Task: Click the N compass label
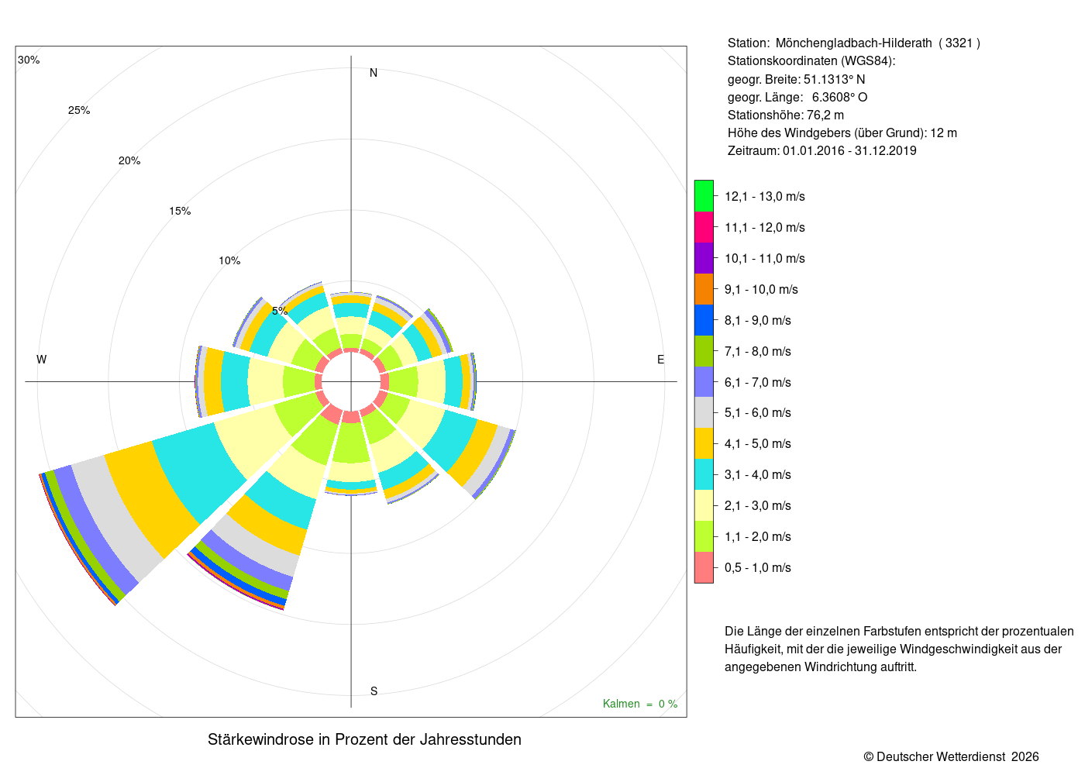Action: coord(373,73)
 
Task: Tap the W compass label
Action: coord(42,360)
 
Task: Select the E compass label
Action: coord(660,360)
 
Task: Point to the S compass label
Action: coord(374,691)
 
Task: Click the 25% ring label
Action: coord(79,110)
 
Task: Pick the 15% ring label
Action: coord(180,211)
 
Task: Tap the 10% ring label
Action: coord(229,260)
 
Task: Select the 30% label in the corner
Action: coord(29,60)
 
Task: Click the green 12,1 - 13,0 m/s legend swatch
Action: coord(704,195)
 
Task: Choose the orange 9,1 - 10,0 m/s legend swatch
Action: coord(704,289)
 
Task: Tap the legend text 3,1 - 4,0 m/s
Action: coord(758,474)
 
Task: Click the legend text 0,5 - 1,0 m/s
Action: coord(758,567)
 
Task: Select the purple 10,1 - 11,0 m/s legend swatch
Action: coord(704,258)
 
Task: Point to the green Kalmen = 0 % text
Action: coord(640,704)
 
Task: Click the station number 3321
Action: coord(959,43)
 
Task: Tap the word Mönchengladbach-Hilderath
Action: coord(853,43)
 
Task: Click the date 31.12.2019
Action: coord(885,150)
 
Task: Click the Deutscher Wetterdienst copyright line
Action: coord(951,757)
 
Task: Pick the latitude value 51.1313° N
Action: coord(834,79)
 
